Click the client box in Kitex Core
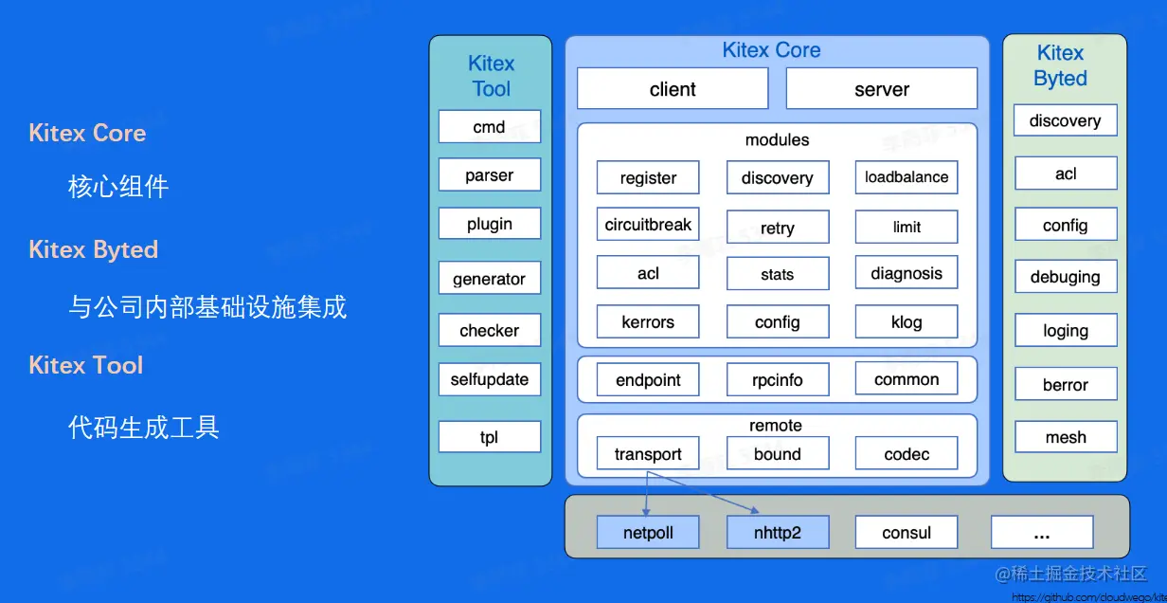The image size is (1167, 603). [x=673, y=89]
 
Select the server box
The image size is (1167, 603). [x=881, y=89]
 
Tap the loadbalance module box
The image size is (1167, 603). [x=906, y=177]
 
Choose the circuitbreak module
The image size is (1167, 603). [x=648, y=226]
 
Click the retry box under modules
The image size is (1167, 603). [x=777, y=228]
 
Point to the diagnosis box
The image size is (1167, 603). [x=906, y=274]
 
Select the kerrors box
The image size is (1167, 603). [x=648, y=322]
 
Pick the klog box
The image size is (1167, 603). [x=906, y=322]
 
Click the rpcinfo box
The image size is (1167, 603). [x=777, y=380]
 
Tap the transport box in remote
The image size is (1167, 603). [x=648, y=454]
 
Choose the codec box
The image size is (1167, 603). [x=906, y=454]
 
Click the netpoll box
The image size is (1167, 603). [x=648, y=533]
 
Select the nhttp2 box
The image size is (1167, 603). [x=777, y=533]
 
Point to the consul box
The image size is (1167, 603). [x=906, y=533]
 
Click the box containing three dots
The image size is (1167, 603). [x=1042, y=533]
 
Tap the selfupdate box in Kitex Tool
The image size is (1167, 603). [x=490, y=379]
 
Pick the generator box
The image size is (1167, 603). [x=490, y=279]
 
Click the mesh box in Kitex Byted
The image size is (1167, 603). [x=1066, y=437]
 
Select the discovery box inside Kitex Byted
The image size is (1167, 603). [x=1065, y=120]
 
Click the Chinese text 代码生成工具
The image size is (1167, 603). [x=144, y=427]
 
